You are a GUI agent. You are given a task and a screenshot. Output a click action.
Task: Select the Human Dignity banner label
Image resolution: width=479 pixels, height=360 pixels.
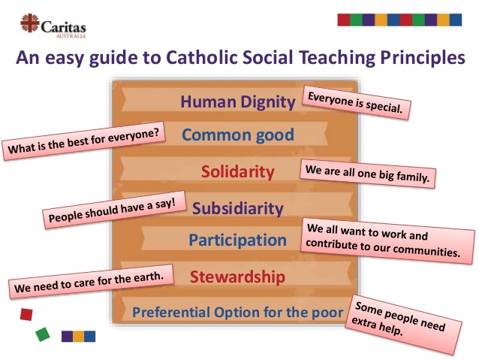(x=238, y=101)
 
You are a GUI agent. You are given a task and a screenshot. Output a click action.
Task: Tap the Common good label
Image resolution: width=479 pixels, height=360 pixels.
(x=238, y=135)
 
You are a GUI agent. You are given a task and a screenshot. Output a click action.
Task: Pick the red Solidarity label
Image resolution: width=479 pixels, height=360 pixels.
(x=238, y=171)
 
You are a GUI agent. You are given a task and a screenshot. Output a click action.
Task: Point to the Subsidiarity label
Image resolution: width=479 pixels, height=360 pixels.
(x=238, y=207)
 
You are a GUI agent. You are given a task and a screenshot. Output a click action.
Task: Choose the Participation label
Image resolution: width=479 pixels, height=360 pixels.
(x=237, y=241)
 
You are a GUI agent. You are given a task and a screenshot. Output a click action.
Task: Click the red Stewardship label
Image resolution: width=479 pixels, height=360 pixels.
(x=237, y=277)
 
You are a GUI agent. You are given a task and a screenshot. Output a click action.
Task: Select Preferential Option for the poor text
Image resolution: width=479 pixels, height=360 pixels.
(x=237, y=311)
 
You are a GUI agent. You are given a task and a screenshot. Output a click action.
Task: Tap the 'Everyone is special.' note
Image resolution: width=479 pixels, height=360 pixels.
(x=357, y=103)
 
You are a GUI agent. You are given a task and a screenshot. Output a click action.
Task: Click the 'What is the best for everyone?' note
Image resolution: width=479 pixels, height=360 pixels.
(x=83, y=141)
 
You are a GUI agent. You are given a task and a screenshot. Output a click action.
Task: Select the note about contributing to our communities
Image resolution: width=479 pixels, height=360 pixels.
(x=388, y=241)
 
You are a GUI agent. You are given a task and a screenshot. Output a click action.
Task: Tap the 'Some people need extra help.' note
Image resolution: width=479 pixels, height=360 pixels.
(x=405, y=324)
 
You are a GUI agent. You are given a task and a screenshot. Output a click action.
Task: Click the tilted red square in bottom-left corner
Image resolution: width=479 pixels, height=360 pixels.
(x=27, y=313)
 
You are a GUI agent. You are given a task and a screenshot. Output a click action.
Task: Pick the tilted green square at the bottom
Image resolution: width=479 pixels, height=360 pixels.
(x=43, y=334)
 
